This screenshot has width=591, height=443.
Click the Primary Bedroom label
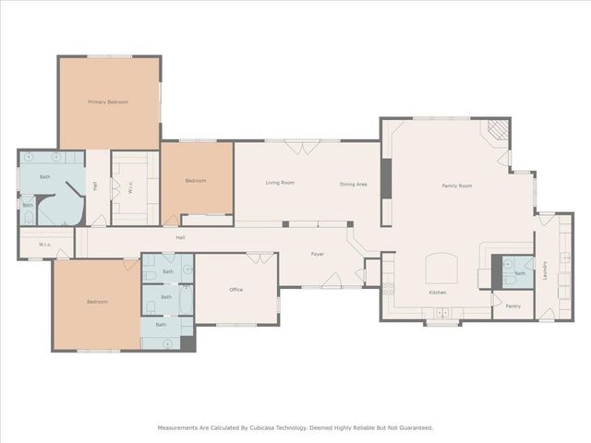[108, 102]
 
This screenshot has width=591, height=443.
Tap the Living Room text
[280, 184]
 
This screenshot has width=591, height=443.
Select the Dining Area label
[354, 185]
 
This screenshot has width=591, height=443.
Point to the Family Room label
[456, 186]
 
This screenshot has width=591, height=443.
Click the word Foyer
[317, 254]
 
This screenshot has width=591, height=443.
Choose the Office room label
[235, 290]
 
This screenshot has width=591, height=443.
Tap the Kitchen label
[438, 293]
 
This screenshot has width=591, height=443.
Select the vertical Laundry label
[545, 269]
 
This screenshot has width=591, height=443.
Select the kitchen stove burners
[388, 289]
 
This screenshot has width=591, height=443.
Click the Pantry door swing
[499, 299]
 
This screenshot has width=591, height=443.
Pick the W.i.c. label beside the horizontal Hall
[44, 245]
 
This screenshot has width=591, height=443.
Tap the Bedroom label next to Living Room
[195, 181]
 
